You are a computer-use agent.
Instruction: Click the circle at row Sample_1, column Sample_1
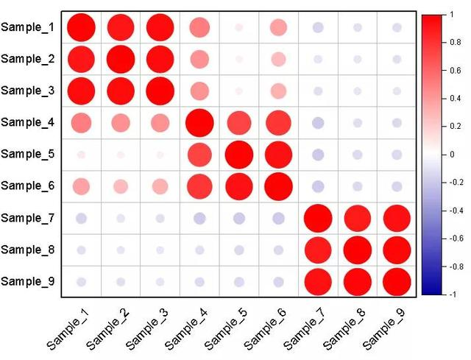(x=81, y=28)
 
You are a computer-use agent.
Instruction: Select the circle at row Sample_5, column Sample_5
(x=239, y=155)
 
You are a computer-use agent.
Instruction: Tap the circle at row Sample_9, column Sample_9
(x=397, y=281)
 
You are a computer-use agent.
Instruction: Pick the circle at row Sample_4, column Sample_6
(x=278, y=123)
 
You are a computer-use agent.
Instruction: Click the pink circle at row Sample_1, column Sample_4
(x=199, y=28)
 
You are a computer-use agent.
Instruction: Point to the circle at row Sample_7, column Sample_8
(x=357, y=218)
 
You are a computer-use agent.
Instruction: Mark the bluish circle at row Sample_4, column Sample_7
(x=318, y=123)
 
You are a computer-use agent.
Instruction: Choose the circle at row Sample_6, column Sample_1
(x=81, y=186)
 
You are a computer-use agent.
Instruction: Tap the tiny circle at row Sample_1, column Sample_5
(x=239, y=28)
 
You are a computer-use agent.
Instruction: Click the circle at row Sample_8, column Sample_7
(x=318, y=250)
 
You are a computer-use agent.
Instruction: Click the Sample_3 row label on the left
(x=28, y=91)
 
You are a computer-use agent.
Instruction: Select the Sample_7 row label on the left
(x=28, y=218)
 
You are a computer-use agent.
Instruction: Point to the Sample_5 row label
(x=28, y=155)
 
